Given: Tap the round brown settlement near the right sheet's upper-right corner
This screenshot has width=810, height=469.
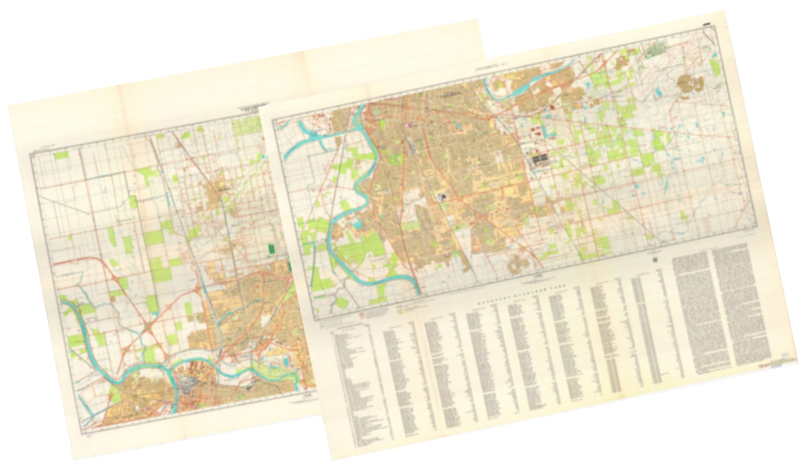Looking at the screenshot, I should click(x=691, y=85).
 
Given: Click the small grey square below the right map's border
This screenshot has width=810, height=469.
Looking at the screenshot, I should click(x=655, y=260).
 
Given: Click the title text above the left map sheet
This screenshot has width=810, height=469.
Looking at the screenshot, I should click(x=251, y=107).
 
